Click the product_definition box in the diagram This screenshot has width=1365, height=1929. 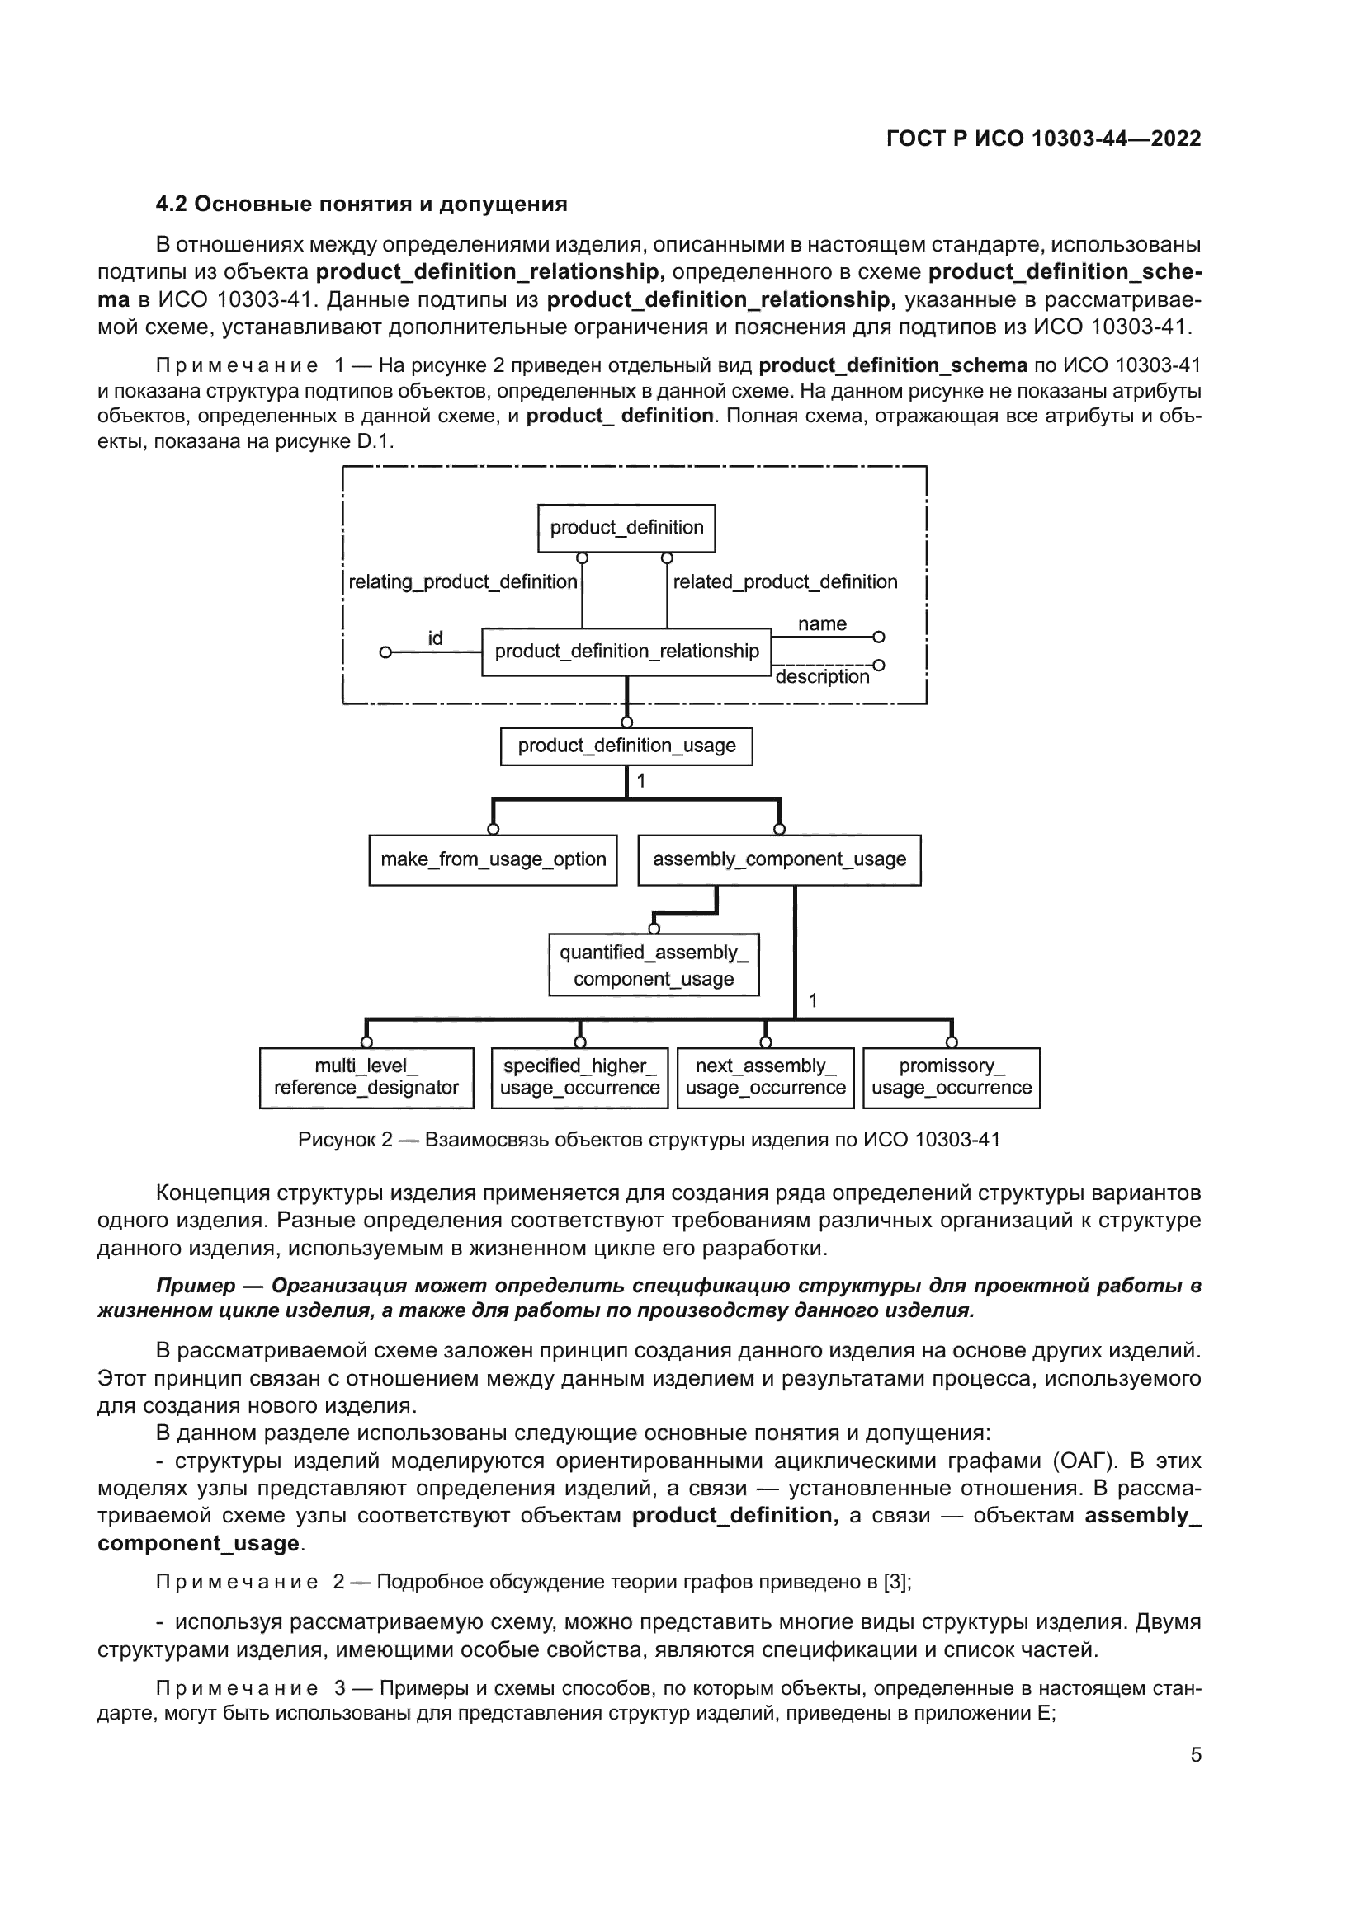[626, 528]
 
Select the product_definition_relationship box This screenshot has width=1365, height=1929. [626, 652]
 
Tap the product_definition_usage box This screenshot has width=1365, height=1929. [626, 746]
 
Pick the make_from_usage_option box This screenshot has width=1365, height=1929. [493, 859]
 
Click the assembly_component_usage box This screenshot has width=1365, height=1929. [779, 859]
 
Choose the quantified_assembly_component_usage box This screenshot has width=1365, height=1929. [653, 965]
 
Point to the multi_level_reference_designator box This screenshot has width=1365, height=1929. [366, 1077]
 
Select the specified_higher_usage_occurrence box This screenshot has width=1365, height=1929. [579, 1077]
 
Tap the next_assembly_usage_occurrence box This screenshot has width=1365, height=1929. [765, 1077]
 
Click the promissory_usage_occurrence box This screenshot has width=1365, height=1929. [952, 1077]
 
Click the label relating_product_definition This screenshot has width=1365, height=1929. [462, 581]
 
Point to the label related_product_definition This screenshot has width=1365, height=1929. [785, 581]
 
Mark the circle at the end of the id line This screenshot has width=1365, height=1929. [385, 652]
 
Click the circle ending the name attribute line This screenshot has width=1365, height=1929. [878, 637]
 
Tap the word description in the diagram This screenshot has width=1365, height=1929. [822, 677]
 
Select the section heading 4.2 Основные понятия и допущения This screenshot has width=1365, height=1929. [361, 205]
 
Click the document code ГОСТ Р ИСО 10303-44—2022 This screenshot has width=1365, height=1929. [1043, 139]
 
